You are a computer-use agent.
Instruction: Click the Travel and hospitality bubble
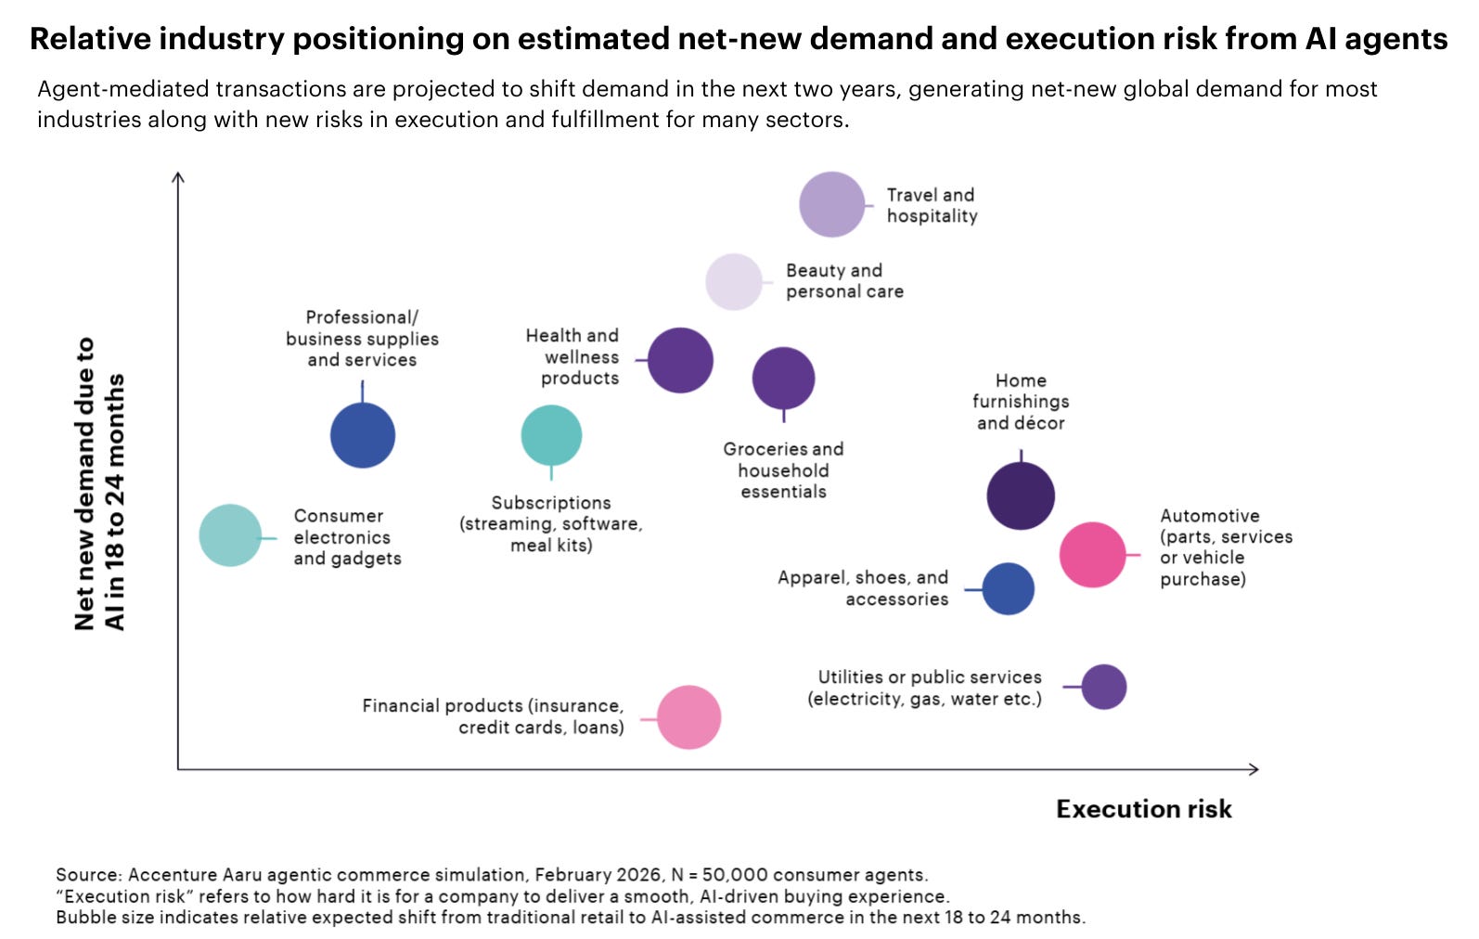pos(831,205)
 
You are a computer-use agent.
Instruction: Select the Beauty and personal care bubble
pos(734,282)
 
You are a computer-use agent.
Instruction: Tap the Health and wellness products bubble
pos(680,361)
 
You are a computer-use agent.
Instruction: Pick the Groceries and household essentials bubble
pos(784,379)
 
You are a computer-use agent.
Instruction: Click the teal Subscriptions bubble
pos(551,436)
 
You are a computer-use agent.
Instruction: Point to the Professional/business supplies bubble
pos(363,436)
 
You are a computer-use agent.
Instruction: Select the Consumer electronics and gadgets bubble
pos(230,535)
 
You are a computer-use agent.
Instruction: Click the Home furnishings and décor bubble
pos(1021,495)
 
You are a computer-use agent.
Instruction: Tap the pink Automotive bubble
pos(1093,555)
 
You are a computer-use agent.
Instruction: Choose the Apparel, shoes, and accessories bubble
pos(1009,589)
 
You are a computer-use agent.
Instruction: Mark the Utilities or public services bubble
pos(1104,687)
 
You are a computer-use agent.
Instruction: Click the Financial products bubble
pos(688,717)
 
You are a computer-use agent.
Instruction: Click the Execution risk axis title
pos(1144,809)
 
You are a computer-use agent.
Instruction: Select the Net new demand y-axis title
pos(99,484)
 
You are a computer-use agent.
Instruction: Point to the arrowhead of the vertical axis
pos(177,174)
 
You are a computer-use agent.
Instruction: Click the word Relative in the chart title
pos(90,38)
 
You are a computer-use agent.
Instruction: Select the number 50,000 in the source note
pos(735,875)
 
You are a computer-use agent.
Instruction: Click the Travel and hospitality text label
pos(932,205)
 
